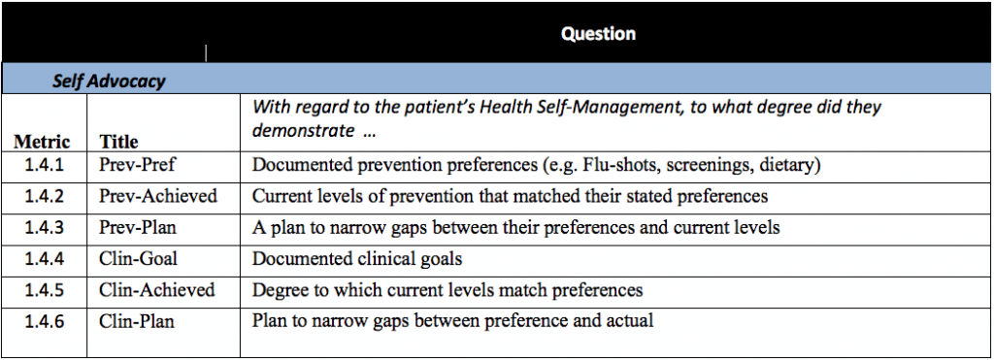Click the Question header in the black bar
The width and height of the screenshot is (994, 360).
(x=598, y=34)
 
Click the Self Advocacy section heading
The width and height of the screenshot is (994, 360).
(x=109, y=82)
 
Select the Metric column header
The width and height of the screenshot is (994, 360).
(x=42, y=142)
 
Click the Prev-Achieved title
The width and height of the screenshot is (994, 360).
(x=158, y=197)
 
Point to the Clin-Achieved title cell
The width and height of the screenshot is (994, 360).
(x=157, y=290)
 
